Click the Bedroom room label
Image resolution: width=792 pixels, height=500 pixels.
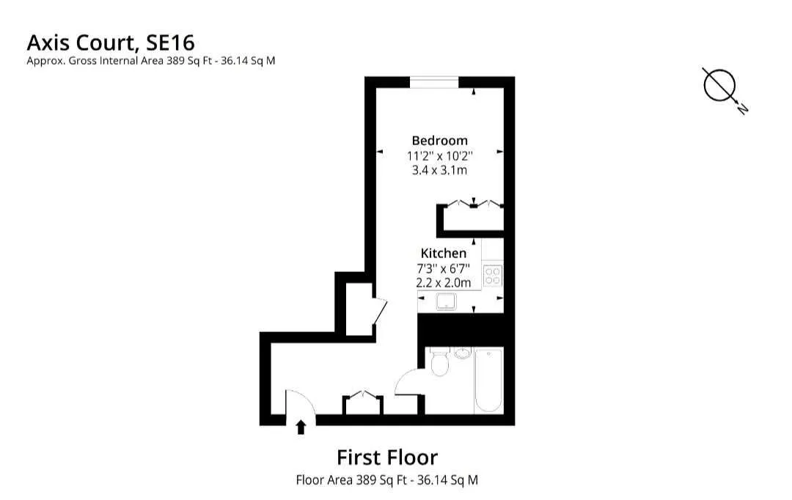[x=439, y=140]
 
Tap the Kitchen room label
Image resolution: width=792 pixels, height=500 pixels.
[x=443, y=253]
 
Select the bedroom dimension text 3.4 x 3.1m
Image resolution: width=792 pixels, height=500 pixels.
[x=439, y=170]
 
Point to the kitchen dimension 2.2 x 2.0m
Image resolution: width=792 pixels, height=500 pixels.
[x=443, y=282]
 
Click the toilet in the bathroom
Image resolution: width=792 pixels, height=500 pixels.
[x=440, y=363]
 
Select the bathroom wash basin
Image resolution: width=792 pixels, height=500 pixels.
[x=463, y=354]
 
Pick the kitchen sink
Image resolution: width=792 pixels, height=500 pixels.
[x=446, y=301]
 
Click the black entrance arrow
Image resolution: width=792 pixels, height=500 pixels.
[x=301, y=427]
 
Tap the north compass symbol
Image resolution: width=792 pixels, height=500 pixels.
[x=720, y=86]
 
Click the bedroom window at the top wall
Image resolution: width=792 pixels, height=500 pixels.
[x=434, y=81]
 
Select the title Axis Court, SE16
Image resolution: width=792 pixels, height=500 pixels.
[x=111, y=41]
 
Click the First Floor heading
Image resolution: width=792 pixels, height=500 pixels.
[x=387, y=457]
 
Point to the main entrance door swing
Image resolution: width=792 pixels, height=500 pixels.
[x=300, y=403]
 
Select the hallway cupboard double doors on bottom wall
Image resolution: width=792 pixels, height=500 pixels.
[x=362, y=398]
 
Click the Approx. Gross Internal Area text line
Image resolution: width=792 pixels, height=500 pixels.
[x=151, y=61]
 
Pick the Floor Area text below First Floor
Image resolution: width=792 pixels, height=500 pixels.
[x=387, y=481]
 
